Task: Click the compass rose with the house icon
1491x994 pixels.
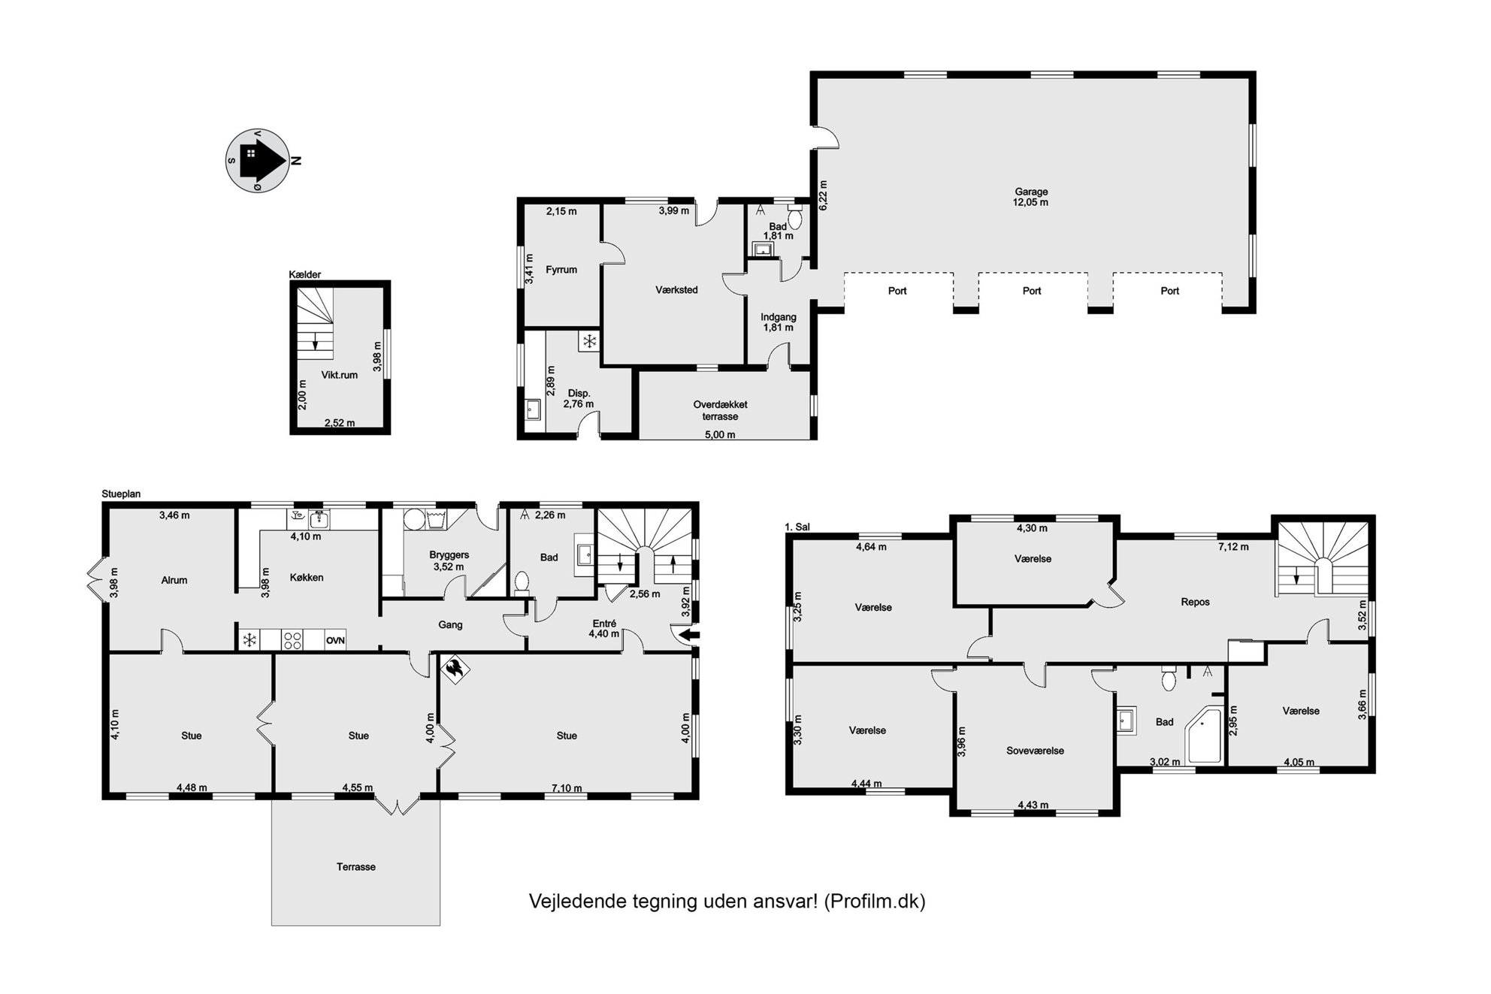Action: tap(258, 160)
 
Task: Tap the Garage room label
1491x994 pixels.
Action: tap(1030, 192)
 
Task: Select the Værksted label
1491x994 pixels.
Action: tap(676, 290)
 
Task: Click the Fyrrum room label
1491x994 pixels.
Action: tap(561, 270)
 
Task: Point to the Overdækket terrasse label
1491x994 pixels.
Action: tap(720, 410)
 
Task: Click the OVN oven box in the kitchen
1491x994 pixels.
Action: tap(335, 640)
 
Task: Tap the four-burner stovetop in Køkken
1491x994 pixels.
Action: tap(292, 640)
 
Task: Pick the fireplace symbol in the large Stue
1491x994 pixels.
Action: tap(454, 669)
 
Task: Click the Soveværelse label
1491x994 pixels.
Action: tap(1035, 751)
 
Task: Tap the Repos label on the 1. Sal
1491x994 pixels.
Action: tap(1195, 602)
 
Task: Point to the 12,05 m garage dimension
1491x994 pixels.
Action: tap(1030, 203)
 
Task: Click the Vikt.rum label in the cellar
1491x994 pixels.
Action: tap(339, 375)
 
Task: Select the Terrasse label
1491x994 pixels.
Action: tap(355, 867)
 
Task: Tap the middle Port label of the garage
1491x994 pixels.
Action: tap(1032, 291)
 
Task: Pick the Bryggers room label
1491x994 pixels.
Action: tap(449, 555)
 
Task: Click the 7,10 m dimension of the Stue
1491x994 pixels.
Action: tap(567, 788)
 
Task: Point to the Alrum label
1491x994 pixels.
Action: tap(174, 580)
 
